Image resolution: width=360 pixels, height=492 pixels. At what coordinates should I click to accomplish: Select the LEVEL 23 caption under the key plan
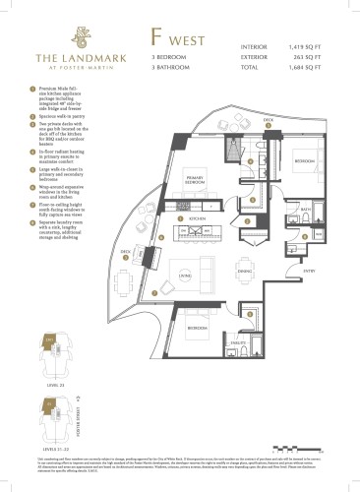coord(36,384)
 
